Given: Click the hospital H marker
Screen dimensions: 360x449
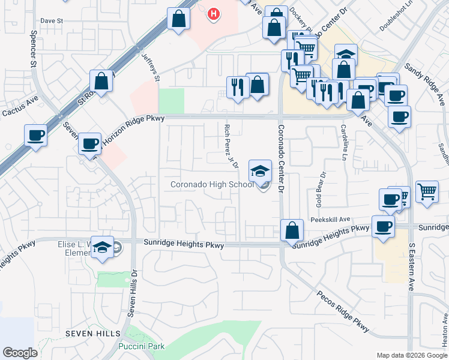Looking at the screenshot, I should (x=213, y=14).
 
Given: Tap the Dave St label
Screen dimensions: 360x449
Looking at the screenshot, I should (x=52, y=20).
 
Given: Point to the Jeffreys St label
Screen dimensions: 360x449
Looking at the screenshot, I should (x=151, y=65).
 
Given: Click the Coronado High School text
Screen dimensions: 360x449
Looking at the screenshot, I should (x=212, y=184).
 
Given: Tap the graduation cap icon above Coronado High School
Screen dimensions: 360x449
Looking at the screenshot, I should (x=260, y=171).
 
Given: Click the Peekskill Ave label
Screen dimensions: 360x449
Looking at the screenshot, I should (x=330, y=220).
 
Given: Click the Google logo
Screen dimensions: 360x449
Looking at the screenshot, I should (x=20, y=353).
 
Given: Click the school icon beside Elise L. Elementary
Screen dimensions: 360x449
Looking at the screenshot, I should (x=103, y=247).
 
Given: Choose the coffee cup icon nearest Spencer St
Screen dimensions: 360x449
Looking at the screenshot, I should (x=35, y=135).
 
